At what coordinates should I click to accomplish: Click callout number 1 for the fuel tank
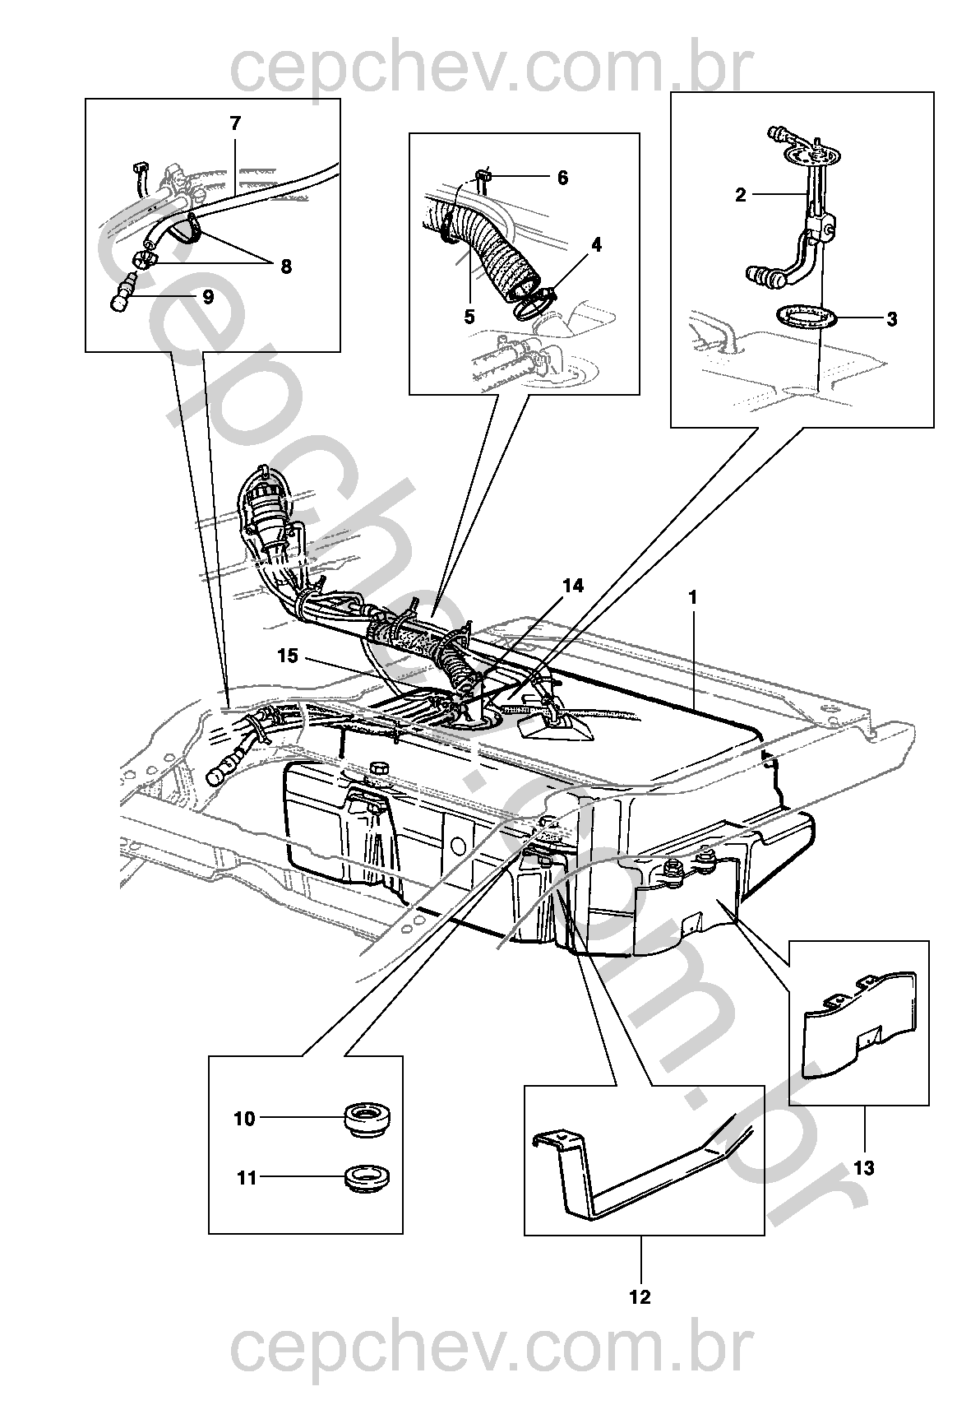point(692,597)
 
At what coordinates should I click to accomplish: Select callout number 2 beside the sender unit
point(741,195)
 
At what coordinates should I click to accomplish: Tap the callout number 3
point(892,319)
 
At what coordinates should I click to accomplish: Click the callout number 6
point(235,124)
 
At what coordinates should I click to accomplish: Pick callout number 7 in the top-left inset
point(285,267)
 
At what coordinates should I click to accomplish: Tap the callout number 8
point(207,298)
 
